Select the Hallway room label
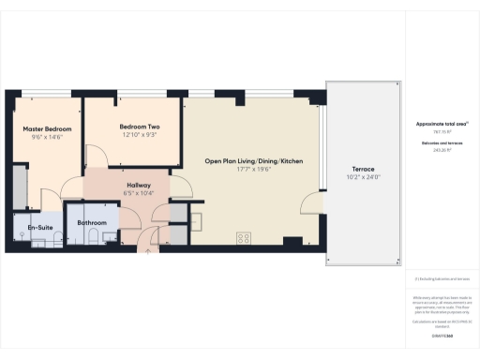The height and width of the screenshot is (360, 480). click(x=126, y=185)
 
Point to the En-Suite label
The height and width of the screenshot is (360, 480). click(x=39, y=227)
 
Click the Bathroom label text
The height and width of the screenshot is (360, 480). click(x=92, y=222)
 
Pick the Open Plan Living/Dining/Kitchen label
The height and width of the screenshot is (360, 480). click(x=254, y=161)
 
